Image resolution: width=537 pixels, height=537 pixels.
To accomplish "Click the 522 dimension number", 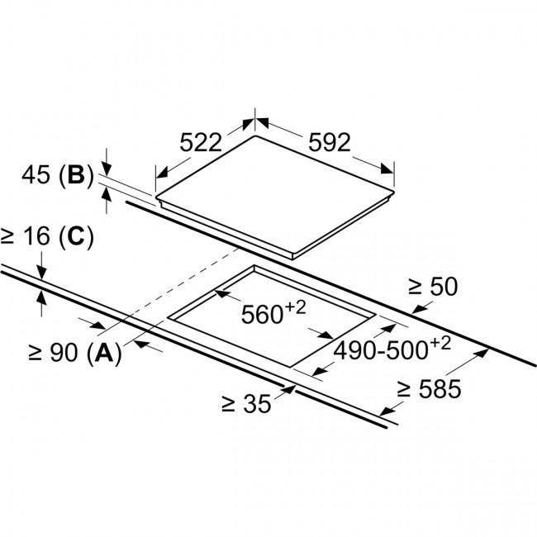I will (x=202, y=142).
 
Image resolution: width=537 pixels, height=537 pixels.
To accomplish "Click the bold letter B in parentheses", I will (x=76, y=176).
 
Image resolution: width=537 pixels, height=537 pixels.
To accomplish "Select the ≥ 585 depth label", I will (x=427, y=389).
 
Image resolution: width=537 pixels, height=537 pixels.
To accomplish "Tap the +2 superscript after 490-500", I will (x=440, y=343).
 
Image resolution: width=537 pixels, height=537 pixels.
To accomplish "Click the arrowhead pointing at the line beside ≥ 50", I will (x=414, y=309).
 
